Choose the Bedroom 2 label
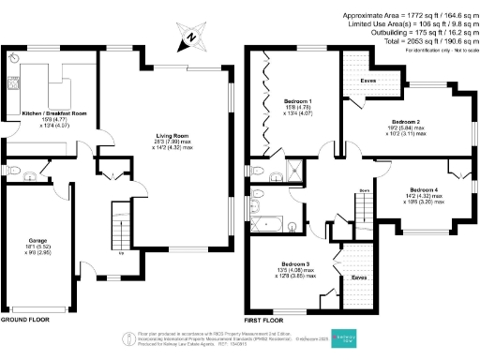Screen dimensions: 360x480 [x=406, y=123]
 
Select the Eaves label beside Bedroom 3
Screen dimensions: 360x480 [x=358, y=277]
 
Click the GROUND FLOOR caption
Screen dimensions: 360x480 [x=25, y=320]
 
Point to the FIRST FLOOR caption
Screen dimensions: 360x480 [x=266, y=320]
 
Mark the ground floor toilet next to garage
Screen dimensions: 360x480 [x=28, y=172]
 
